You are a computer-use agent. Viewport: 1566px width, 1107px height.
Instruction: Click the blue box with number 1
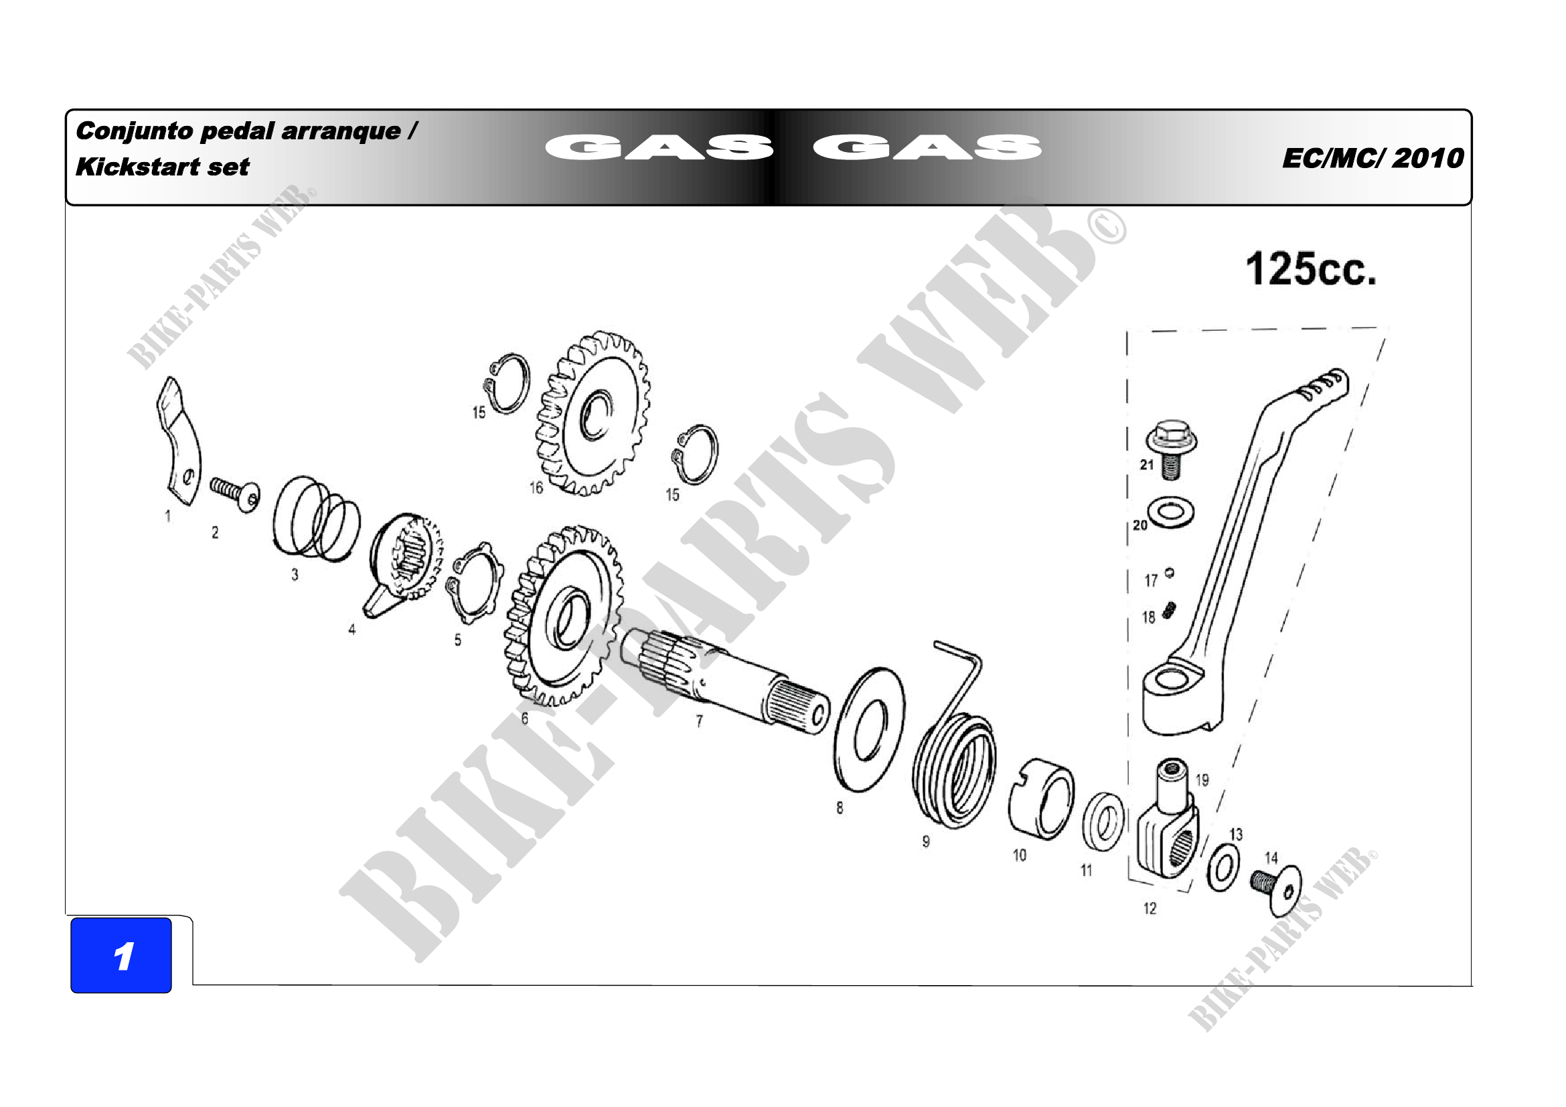click(121, 955)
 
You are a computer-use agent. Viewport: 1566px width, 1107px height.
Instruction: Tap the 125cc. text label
click(1311, 269)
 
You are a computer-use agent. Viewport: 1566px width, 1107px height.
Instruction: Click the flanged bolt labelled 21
click(1170, 448)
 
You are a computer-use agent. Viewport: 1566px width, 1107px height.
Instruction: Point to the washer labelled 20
click(1171, 512)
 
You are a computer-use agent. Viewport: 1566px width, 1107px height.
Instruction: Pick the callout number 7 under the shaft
click(699, 721)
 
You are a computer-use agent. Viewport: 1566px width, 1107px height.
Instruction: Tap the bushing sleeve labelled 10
click(1042, 799)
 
